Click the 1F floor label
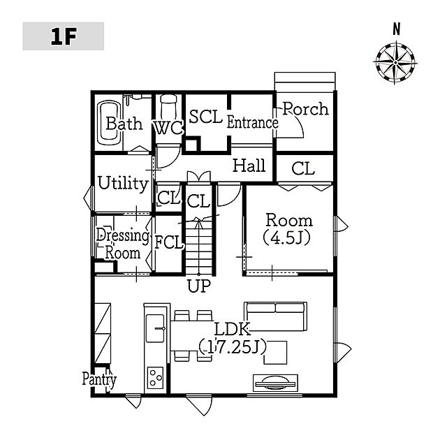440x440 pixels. tap(64, 36)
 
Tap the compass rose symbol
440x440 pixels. tap(395, 62)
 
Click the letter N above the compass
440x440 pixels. tap(396, 29)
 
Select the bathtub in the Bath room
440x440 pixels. tap(109, 122)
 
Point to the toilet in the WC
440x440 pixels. tap(168, 107)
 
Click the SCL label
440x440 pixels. tap(206, 117)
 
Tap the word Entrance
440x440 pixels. tap(252, 123)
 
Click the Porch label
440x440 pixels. tap(305, 109)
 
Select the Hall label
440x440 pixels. tap(249, 166)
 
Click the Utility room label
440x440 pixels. tap(123, 184)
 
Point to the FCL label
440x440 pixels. tap(169, 242)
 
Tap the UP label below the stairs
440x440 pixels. tap(198, 286)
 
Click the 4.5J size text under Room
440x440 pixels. tap(287, 238)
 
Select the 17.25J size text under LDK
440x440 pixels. tap(233, 347)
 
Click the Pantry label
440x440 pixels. tap(99, 380)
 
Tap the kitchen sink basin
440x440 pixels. tap(155, 328)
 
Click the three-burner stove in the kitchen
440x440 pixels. tap(155, 378)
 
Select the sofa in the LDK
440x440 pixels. tap(276, 316)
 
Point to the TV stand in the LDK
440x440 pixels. tap(275, 383)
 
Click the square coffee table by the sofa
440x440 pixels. tap(275, 353)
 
